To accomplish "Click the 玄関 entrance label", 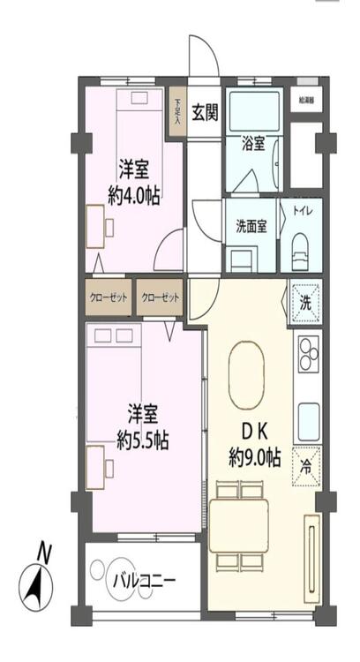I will pyautogui.click(x=206, y=112).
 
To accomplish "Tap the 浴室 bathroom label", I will pyautogui.click(x=253, y=143).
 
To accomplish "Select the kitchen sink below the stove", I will pyautogui.click(x=309, y=415).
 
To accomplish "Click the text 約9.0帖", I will pyautogui.click(x=254, y=457).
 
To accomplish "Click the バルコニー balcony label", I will pyautogui.click(x=144, y=582).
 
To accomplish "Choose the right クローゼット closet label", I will pyautogui.click(x=161, y=297).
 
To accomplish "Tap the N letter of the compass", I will pyautogui.click(x=44, y=553).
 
